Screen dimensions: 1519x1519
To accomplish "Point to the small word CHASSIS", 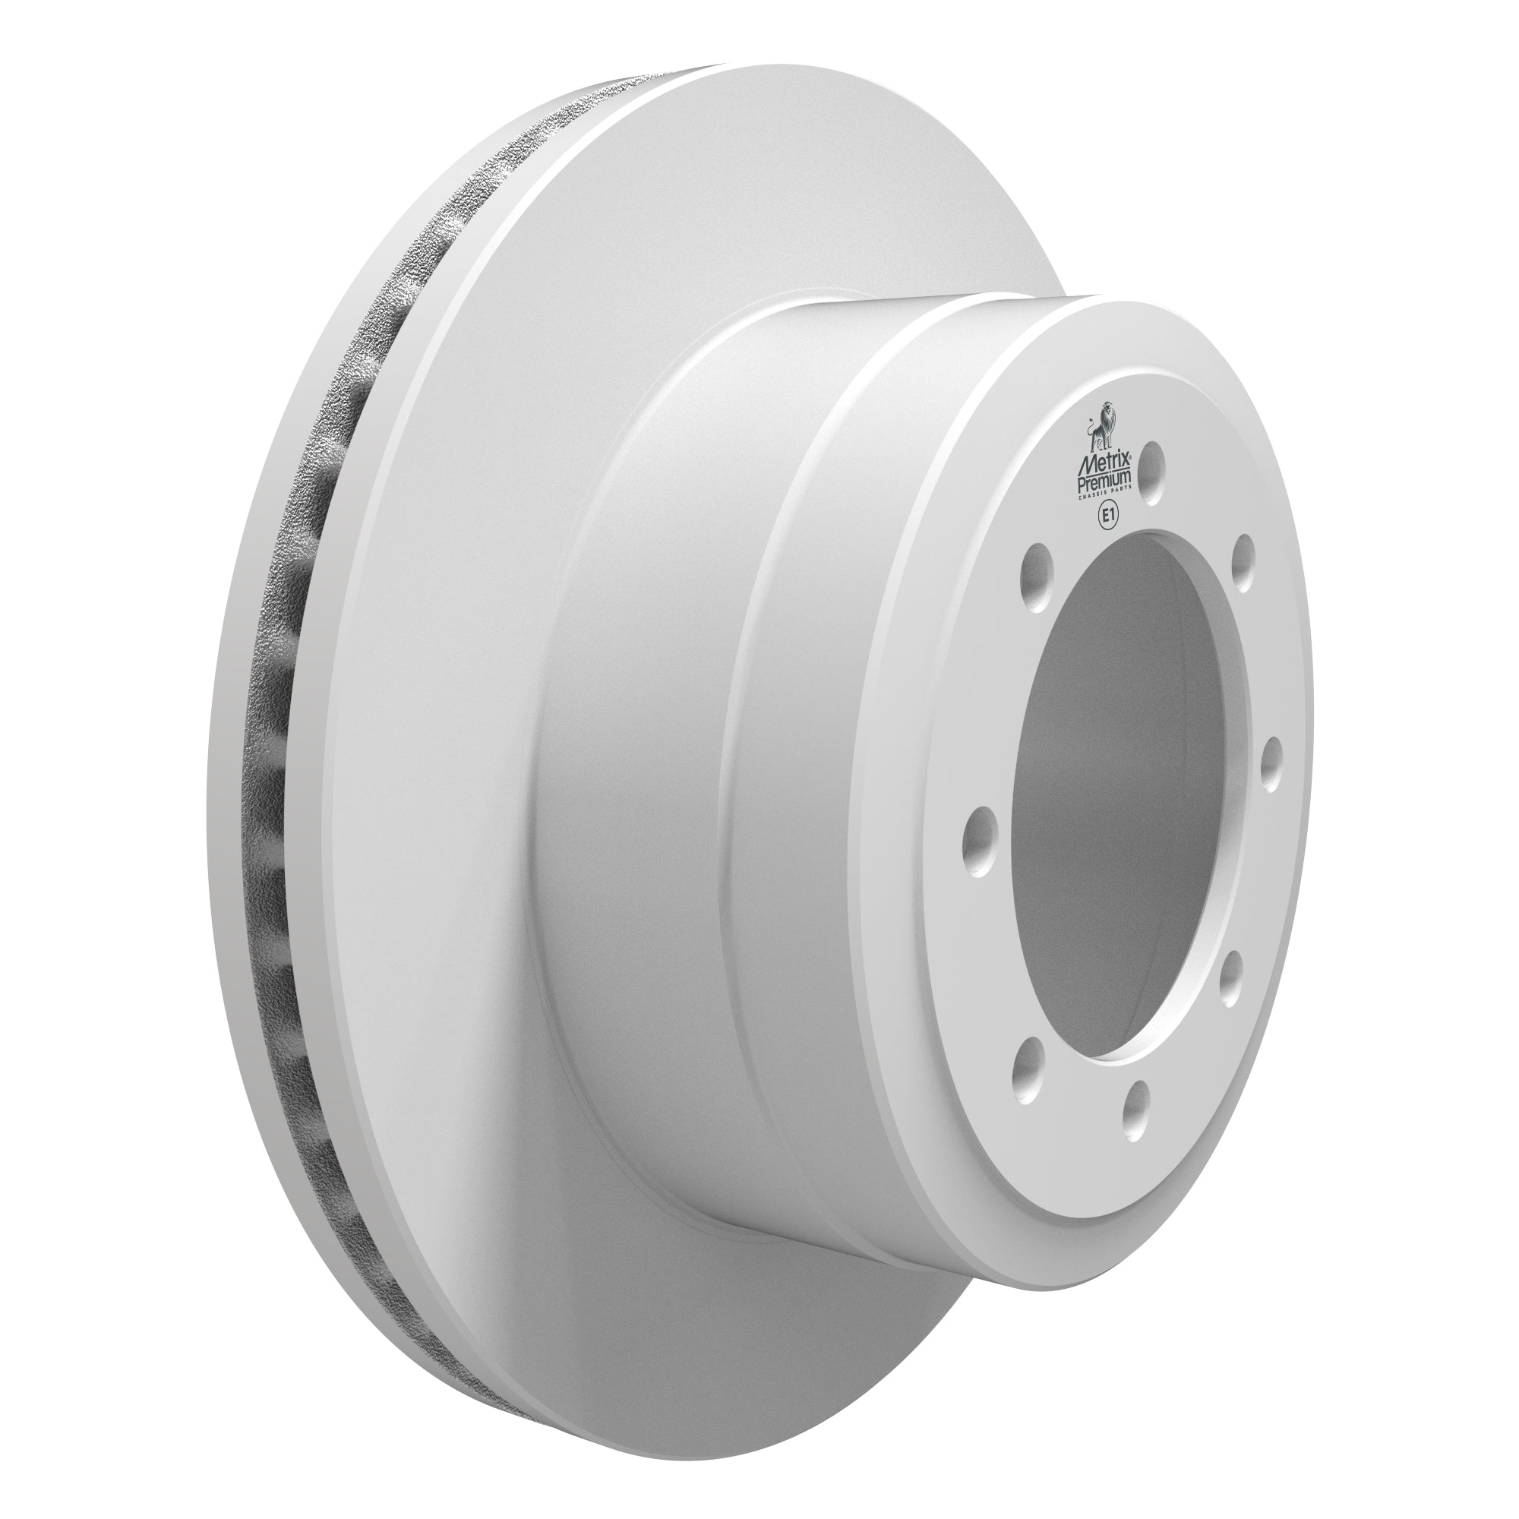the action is click(1094, 495).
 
